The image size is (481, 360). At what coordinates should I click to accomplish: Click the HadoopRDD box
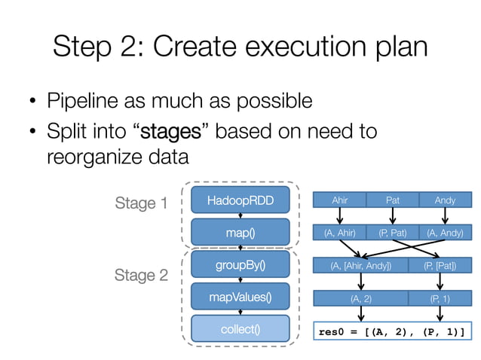[240, 200]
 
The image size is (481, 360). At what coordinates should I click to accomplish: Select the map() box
[240, 233]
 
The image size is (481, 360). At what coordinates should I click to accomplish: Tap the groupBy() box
[240, 265]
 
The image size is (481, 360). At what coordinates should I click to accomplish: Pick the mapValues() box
[240, 297]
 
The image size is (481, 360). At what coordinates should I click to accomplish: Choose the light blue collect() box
[240, 330]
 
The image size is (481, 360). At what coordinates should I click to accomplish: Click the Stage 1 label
[141, 203]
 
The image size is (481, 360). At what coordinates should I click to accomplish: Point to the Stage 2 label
[141, 276]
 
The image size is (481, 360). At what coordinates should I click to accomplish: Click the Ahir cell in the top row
[339, 201]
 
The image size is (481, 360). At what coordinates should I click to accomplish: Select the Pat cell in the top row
[392, 201]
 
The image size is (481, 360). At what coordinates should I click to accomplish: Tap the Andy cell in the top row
[445, 201]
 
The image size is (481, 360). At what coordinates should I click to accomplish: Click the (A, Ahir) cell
[339, 233]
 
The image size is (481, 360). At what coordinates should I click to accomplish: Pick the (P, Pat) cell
[392, 233]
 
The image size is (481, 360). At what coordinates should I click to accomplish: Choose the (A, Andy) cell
[445, 233]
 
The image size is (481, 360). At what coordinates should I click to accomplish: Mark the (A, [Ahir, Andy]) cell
[360, 266]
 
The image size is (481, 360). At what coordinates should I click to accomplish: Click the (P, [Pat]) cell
[440, 266]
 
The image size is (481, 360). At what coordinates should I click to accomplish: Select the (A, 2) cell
[360, 298]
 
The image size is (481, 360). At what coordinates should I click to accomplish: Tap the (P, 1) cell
[440, 298]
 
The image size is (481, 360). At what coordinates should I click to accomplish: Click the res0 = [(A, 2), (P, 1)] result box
[391, 331]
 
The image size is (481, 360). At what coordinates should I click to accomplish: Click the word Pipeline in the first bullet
[84, 100]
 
